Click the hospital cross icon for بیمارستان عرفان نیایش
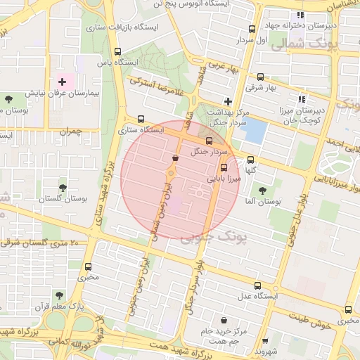click(x=62, y=82)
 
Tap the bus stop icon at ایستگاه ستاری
click(x=141, y=119)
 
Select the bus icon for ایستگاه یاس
click(x=117, y=51)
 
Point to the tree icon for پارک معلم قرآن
click(x=58, y=295)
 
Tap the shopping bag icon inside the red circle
click(x=174, y=158)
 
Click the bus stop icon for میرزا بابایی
click(x=224, y=167)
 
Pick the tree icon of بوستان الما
click(x=262, y=191)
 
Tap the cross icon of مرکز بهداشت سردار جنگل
click(x=227, y=101)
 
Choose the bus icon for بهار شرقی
click(x=260, y=77)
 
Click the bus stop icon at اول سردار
click(x=252, y=30)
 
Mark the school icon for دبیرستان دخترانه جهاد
click(x=300, y=15)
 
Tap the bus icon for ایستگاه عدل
click(x=257, y=285)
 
